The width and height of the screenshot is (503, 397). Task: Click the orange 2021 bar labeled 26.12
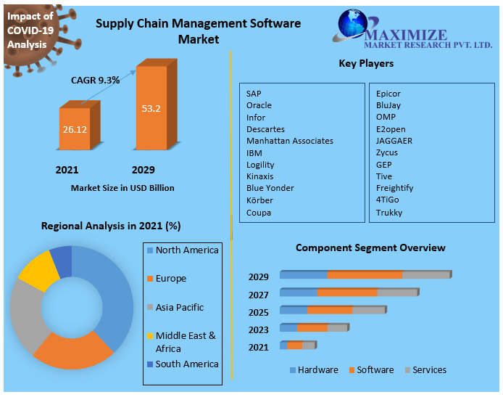[x=75, y=129]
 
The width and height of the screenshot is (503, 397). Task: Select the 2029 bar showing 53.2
[x=151, y=109]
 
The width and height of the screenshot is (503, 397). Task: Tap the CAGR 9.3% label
[x=95, y=80]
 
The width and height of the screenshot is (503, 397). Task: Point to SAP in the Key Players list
[x=254, y=94]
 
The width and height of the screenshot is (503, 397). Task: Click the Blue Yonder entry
[x=270, y=188]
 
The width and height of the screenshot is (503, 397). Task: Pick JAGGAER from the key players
[x=394, y=141]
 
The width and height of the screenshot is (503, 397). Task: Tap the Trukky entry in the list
[x=388, y=213]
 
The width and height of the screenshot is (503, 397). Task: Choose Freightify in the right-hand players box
[x=395, y=188]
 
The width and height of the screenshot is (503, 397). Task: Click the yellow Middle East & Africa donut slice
[x=37, y=269]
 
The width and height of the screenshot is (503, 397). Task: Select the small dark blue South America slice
[x=62, y=260]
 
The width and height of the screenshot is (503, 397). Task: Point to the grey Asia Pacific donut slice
[x=26, y=312]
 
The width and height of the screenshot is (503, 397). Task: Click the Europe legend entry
[x=170, y=279]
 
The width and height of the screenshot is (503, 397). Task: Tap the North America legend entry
[x=186, y=250]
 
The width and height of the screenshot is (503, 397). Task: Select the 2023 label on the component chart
[x=258, y=330]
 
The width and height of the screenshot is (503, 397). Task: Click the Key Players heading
[x=366, y=64]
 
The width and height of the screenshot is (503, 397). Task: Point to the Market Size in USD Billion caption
[x=122, y=188]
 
